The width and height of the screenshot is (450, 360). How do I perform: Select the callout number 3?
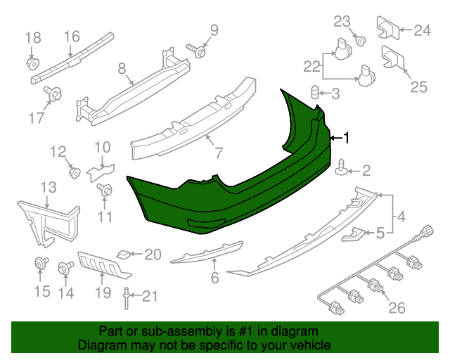click(335, 94)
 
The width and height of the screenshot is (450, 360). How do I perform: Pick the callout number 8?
click(122, 69)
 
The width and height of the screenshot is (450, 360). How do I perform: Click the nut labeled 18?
click(32, 64)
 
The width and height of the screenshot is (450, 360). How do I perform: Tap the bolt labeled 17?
click(52, 92)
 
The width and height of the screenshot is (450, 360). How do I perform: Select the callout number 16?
click(72, 37)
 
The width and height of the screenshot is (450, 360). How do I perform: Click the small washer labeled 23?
click(359, 40)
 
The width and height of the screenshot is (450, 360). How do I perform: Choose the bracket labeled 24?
click(388, 27)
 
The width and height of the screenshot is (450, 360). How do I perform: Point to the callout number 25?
click(418, 87)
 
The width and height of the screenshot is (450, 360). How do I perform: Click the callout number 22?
click(311, 67)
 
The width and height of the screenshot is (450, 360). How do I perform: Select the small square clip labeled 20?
click(122, 252)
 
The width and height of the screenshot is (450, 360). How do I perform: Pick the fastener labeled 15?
click(40, 264)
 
